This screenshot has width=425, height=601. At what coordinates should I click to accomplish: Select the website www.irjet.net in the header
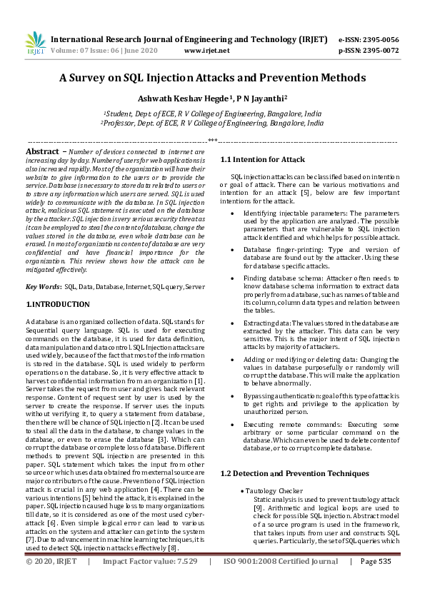(206, 51)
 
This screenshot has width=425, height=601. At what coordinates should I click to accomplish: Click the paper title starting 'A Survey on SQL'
(212, 77)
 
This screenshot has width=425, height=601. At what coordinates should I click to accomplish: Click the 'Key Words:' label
(44, 286)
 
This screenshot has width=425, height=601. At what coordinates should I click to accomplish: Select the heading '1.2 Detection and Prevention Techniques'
(285, 474)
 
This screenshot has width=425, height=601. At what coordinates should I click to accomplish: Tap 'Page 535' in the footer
(376, 582)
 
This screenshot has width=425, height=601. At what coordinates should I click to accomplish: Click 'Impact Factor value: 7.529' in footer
(150, 582)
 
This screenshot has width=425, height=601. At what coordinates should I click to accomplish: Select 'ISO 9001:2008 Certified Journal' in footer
(281, 582)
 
